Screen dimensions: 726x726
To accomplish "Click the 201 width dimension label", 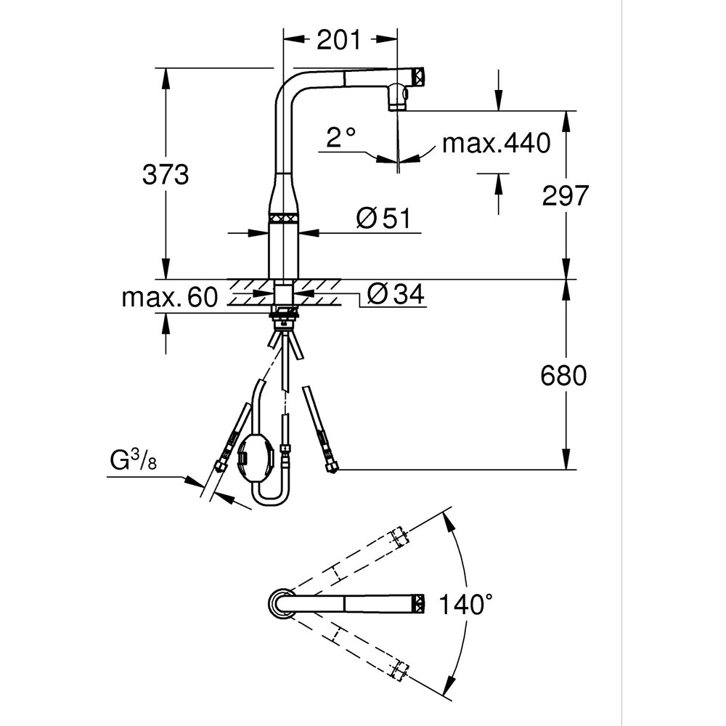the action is [x=338, y=40].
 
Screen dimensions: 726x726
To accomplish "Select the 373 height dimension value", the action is [x=166, y=174].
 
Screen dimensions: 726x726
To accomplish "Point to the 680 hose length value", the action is [x=563, y=375].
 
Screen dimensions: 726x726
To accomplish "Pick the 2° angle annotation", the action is [x=340, y=137].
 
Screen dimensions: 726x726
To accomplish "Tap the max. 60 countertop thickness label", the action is [x=169, y=297].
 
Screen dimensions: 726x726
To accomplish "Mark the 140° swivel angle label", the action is [x=465, y=604].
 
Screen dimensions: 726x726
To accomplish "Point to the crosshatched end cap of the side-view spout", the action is [x=418, y=76].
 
